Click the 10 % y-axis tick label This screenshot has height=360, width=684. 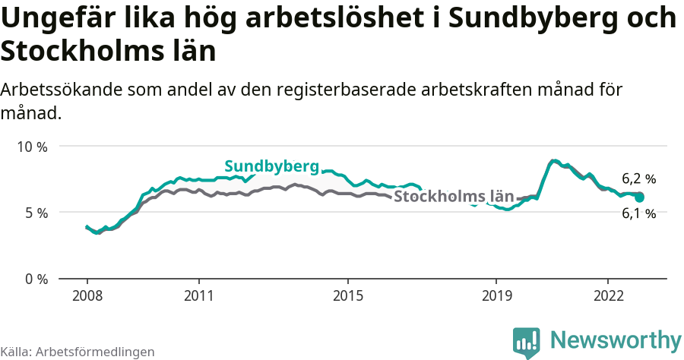pos(32,147)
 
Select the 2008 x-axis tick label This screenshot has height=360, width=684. pos(87,295)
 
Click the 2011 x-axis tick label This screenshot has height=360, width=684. pos(198,295)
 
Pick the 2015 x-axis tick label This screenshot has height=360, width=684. pos(347,295)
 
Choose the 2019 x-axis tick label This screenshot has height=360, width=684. pos(496,295)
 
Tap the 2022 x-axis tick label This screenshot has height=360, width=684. pos(608,295)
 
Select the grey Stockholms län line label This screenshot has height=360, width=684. pos(454,197)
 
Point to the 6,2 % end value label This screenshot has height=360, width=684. pos(638,179)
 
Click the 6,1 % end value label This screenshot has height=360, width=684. pos(638,214)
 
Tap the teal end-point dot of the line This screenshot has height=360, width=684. pos(639,197)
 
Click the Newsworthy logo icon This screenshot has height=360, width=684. pos(527,342)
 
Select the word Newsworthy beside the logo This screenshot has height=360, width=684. pos(616,339)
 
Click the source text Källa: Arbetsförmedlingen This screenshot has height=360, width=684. pos(78,352)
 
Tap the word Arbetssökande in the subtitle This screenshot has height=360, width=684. pos(64,90)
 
